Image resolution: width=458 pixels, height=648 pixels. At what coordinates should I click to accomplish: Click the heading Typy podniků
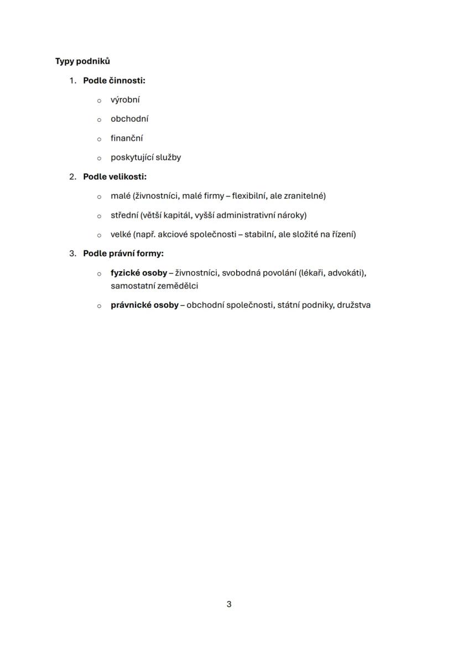(82, 61)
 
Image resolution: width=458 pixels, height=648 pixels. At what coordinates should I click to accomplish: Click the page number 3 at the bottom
(229, 604)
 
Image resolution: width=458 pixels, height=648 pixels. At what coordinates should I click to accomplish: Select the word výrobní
(125, 100)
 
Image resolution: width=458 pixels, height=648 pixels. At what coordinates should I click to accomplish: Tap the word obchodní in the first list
(129, 119)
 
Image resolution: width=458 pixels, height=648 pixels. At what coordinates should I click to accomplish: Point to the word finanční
(127, 138)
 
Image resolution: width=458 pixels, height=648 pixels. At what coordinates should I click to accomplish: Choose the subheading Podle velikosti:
(114, 177)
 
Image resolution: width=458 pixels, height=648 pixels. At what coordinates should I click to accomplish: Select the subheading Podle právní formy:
(123, 253)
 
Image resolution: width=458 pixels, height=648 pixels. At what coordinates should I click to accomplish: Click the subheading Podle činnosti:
(114, 81)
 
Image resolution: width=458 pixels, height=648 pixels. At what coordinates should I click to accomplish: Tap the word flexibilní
(248, 196)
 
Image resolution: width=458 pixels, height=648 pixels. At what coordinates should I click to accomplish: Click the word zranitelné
(304, 196)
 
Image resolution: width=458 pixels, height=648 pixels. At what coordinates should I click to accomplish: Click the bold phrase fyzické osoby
(139, 273)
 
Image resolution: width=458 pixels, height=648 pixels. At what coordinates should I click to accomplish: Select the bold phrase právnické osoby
(144, 305)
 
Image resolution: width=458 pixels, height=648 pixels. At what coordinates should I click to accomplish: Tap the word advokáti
(347, 273)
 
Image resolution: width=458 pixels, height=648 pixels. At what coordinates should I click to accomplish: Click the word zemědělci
(177, 286)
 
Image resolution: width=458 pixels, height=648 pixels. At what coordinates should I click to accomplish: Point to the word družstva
(353, 305)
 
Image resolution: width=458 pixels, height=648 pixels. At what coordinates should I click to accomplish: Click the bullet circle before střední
(99, 216)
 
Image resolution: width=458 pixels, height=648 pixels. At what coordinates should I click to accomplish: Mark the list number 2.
(72, 177)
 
